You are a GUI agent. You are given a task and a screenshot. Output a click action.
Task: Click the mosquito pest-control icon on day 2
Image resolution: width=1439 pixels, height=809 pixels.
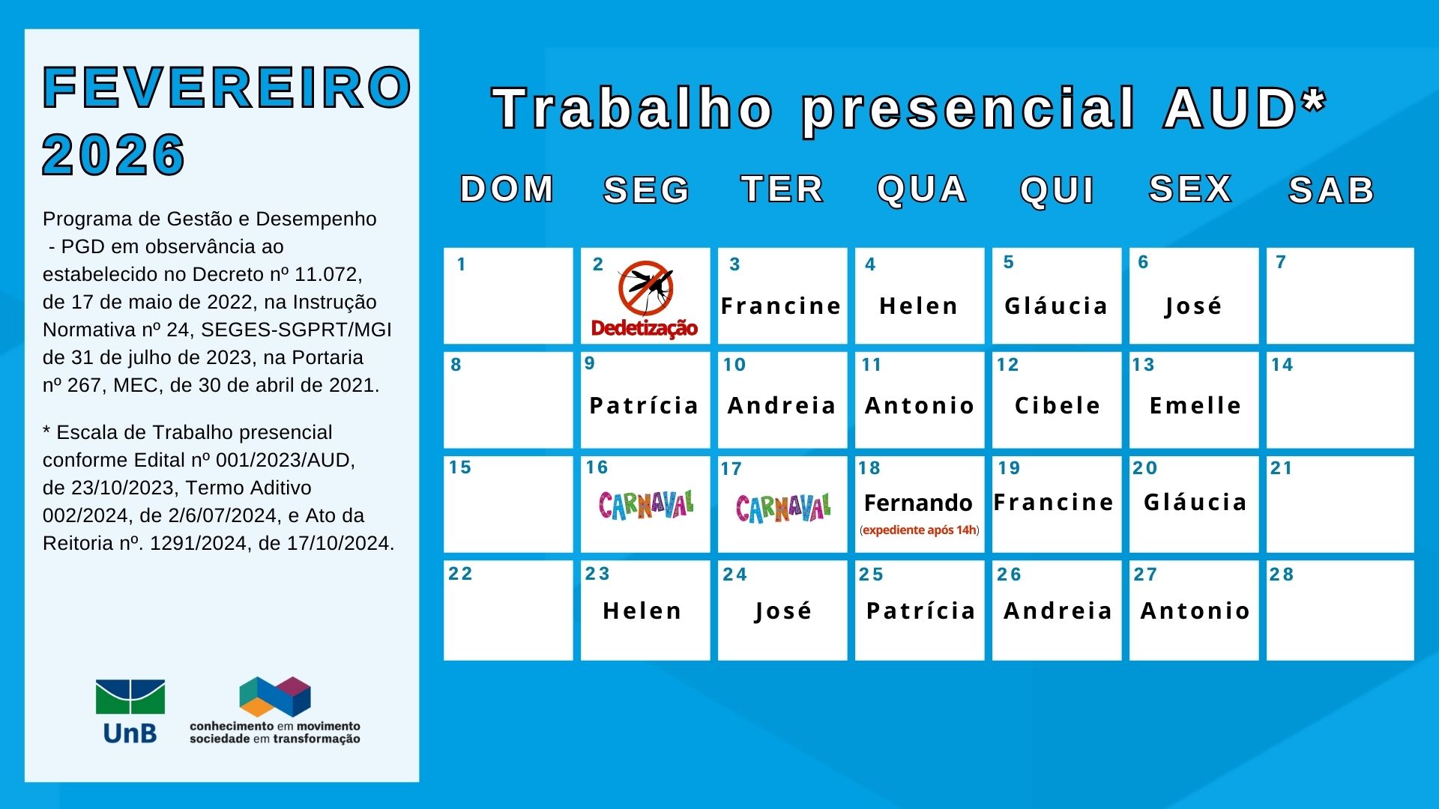(645, 288)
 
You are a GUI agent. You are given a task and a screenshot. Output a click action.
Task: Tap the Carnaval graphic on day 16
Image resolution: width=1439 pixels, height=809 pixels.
(646, 505)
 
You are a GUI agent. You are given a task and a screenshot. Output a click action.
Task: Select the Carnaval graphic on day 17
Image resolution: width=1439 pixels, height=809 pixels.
(783, 508)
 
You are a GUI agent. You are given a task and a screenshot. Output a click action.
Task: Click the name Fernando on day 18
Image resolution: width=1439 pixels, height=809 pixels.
(918, 503)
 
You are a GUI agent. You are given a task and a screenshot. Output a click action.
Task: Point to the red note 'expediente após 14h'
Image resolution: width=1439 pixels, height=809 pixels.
(920, 530)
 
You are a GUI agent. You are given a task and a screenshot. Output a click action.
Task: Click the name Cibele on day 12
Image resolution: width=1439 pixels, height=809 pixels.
(1058, 405)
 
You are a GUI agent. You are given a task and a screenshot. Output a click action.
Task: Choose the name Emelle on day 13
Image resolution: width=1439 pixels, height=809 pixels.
(1195, 405)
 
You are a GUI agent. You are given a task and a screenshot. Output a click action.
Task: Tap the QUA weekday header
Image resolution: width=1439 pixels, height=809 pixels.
(922, 190)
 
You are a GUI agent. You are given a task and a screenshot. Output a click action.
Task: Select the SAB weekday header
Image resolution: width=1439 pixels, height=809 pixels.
(1332, 190)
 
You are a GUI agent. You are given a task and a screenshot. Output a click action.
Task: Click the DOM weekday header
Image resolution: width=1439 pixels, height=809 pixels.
(507, 189)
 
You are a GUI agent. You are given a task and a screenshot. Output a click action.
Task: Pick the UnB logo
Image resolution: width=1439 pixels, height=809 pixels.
(130, 712)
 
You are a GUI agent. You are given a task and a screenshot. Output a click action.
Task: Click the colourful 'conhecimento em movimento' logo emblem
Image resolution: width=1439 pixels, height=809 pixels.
(275, 696)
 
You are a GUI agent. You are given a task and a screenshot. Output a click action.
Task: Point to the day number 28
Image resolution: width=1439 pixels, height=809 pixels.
(1282, 575)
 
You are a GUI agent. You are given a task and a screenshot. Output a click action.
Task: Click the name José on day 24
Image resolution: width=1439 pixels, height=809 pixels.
(783, 611)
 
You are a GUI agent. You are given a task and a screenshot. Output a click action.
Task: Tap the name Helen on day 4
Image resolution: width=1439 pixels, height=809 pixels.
(919, 306)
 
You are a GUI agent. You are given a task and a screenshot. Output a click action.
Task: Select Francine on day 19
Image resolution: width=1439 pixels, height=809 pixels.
(1054, 502)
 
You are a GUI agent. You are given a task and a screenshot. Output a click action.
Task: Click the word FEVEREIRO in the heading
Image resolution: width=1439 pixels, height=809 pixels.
(227, 88)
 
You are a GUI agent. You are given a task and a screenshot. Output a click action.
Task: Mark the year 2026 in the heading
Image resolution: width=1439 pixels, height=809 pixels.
(114, 155)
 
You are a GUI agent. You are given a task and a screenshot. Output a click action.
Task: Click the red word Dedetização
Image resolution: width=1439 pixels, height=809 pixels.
(645, 328)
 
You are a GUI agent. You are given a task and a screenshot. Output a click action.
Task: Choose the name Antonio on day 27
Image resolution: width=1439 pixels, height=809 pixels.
(1195, 610)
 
